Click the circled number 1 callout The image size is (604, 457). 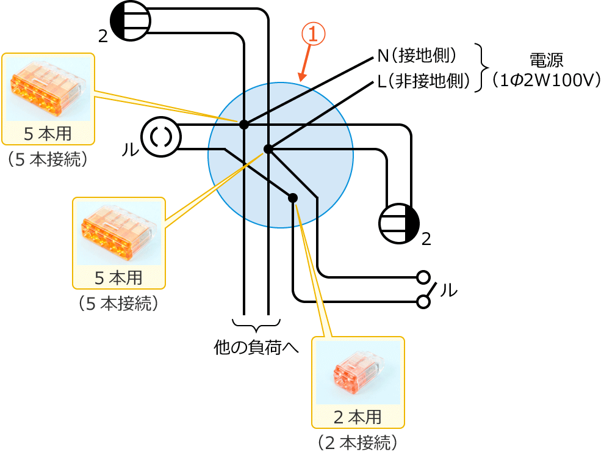point(313,34)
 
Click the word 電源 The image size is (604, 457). point(546,60)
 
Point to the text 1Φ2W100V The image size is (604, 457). point(547,81)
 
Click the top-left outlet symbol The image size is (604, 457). point(131,21)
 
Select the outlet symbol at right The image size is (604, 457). point(399,224)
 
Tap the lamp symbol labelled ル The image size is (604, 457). point(161,137)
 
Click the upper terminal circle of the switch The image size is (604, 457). point(423,277)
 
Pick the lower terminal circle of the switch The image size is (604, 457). point(423,301)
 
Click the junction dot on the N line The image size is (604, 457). point(244,125)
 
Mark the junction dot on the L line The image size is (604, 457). point(268,149)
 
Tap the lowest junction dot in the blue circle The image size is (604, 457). point(293,198)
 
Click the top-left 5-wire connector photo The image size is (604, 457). point(48,89)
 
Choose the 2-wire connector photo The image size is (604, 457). point(358,372)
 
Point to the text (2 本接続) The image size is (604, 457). point(358,442)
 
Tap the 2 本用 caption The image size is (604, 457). point(358,417)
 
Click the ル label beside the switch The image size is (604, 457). point(448,290)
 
